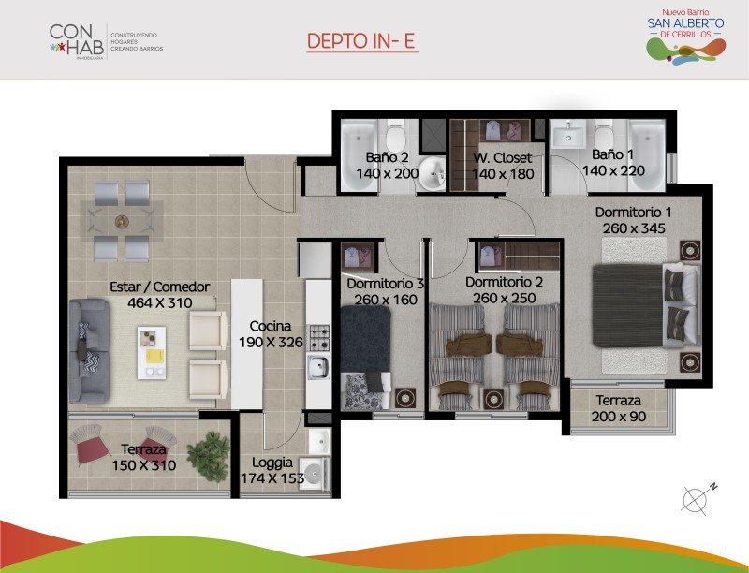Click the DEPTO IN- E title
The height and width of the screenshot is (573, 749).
360,41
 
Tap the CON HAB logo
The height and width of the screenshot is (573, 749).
106,42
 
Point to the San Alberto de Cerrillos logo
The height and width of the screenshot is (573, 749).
686,37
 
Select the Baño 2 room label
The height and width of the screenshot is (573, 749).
387,156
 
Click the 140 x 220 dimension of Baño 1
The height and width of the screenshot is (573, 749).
613,170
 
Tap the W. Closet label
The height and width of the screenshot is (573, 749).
502,157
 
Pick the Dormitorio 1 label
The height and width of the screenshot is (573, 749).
634,212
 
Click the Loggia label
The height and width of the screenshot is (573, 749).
272,463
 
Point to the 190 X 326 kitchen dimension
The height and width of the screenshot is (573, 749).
271,342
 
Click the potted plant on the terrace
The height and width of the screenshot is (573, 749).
208,456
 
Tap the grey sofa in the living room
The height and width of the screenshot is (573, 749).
89,351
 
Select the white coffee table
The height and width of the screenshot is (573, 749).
152,352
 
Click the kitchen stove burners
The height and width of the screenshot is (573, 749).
319,337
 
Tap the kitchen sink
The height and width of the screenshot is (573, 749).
318,367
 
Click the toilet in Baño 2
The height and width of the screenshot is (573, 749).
395,135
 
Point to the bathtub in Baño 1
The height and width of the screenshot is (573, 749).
647,154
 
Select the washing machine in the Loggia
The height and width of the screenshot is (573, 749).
315,474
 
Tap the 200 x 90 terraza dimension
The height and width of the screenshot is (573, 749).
619,417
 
